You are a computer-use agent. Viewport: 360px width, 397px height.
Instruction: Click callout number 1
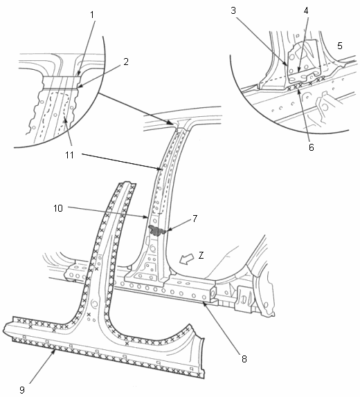(92, 15)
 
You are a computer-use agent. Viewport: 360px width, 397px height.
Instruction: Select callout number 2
(126, 62)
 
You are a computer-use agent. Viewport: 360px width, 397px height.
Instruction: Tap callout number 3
(233, 10)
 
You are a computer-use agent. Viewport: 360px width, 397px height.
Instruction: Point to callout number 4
(306, 10)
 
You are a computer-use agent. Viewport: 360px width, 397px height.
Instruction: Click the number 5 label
(340, 46)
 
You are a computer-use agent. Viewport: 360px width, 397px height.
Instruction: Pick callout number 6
(312, 147)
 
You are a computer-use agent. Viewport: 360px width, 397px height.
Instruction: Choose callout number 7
(195, 219)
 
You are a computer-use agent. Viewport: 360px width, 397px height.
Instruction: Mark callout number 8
(244, 359)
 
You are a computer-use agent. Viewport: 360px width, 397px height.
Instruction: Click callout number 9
(22, 389)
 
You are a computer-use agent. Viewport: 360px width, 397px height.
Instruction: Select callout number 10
(58, 208)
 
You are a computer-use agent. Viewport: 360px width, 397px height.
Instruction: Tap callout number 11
(69, 155)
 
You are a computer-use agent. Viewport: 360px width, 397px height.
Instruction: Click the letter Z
(201, 255)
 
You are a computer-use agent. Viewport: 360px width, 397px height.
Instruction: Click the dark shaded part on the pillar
(157, 230)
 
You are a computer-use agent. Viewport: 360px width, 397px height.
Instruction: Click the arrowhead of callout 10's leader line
(145, 217)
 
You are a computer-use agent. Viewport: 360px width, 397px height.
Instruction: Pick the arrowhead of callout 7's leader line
(165, 230)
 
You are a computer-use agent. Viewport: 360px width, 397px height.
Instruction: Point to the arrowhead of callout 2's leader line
(78, 87)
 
